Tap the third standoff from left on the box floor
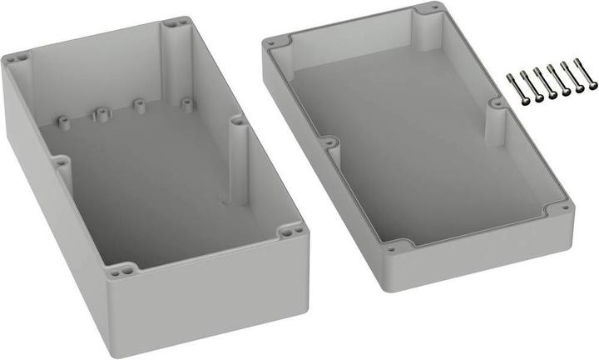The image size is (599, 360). point(140,107)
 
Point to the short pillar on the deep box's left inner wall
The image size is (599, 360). point(62,167)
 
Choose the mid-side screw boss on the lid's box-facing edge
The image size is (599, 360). point(331,144)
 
